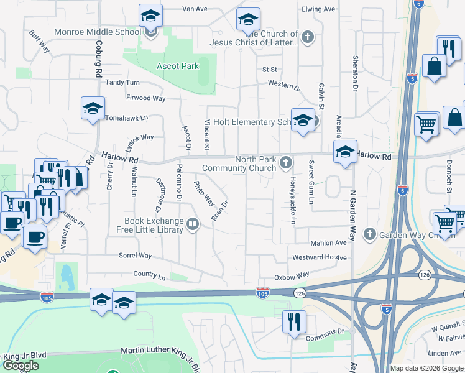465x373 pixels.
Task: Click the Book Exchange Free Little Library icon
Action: pos(193,224)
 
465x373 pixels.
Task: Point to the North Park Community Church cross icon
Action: pos(286,163)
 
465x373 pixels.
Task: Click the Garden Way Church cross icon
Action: pos(370,234)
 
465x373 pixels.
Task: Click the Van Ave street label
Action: pos(194,9)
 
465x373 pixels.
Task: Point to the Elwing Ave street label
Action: pos(318,9)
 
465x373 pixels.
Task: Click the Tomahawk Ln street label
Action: pos(127,117)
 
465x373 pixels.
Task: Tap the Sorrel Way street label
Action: pos(135,256)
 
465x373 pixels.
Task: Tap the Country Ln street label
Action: pos(149,274)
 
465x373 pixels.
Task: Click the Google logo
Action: pos(21,366)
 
